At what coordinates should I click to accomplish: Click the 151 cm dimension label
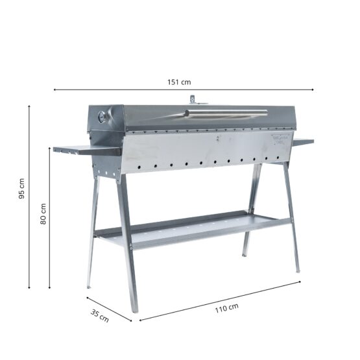coord(180,82)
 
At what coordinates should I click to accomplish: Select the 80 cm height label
coord(43,213)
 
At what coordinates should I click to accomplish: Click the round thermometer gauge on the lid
coord(102,117)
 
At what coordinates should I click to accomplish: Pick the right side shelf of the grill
coord(302,141)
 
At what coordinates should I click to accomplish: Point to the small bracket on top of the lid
coord(193,99)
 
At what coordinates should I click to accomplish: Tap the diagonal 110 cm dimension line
coord(182,310)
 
